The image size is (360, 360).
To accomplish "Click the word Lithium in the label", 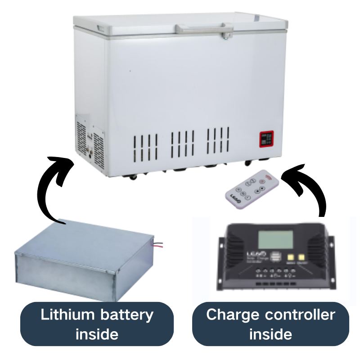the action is pyautogui.click(x=67, y=315).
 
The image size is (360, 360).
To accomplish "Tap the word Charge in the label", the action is pyautogui.click(x=230, y=315).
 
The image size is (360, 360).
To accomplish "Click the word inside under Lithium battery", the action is pyautogui.click(x=97, y=334).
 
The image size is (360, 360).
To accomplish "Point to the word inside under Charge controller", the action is pyautogui.click(x=270, y=334).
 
